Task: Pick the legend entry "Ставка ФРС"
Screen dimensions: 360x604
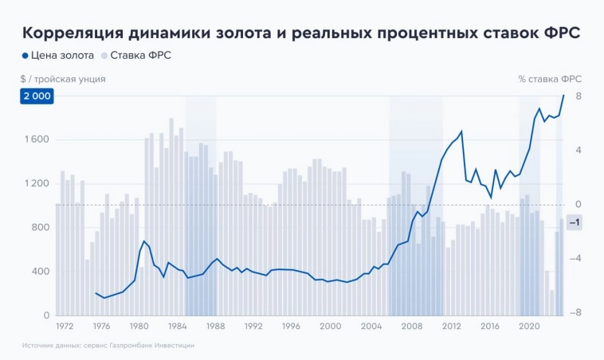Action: click(x=140, y=56)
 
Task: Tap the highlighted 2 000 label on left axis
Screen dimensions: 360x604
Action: click(x=37, y=96)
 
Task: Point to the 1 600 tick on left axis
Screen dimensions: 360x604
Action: click(x=37, y=139)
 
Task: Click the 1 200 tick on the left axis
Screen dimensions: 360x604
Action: click(x=37, y=183)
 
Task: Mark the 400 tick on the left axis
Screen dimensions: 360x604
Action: click(x=40, y=272)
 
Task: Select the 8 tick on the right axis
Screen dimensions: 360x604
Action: click(x=578, y=96)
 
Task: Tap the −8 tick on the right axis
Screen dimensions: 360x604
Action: click(x=575, y=313)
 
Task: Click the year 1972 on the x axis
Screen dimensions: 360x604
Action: click(x=65, y=327)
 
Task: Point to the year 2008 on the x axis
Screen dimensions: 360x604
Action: click(x=411, y=327)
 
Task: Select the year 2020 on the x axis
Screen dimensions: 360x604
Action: click(x=530, y=327)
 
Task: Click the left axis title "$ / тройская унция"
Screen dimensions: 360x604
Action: click(x=63, y=79)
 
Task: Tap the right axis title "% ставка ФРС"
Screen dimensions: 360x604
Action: click(x=550, y=79)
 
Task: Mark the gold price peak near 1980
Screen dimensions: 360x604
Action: click(x=144, y=241)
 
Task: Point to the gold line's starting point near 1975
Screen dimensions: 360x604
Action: click(x=96, y=293)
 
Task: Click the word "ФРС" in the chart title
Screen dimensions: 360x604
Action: click(x=560, y=33)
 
